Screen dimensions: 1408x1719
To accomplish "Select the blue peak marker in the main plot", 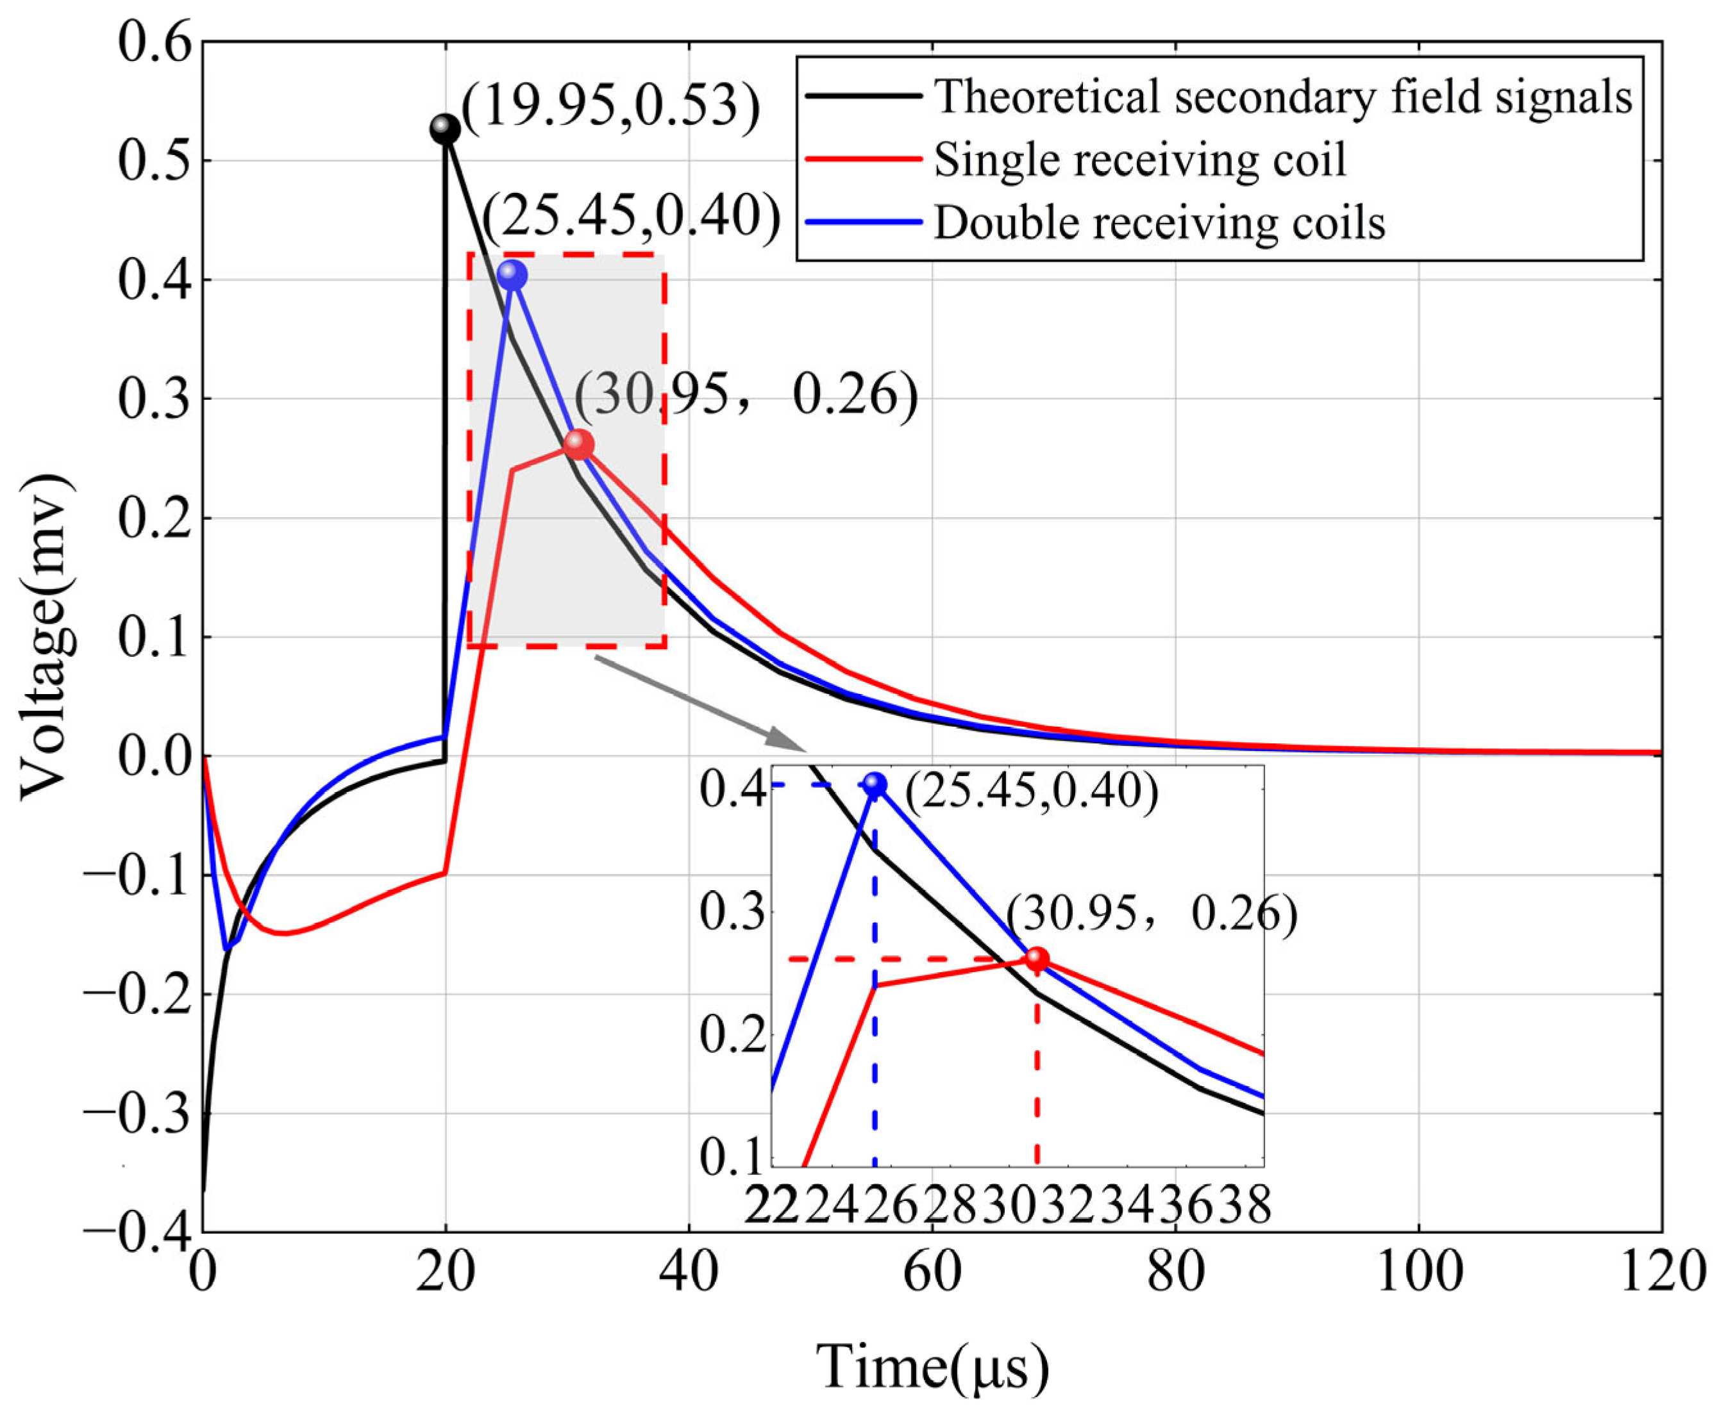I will pos(512,276).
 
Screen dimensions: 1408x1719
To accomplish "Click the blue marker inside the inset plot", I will pos(875,784).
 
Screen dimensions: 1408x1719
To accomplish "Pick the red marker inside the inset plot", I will pos(1037,959).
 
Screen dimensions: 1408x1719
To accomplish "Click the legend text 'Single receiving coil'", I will pos(1140,159).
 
